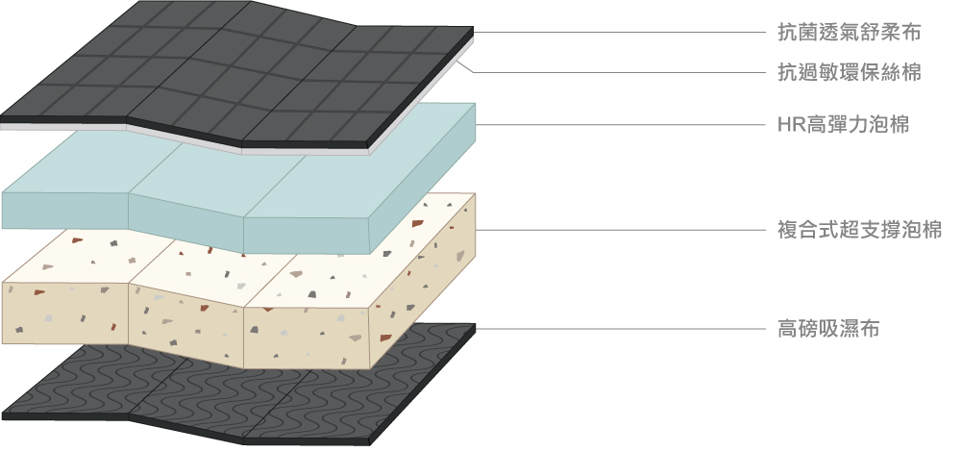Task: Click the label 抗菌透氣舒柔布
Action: (849, 32)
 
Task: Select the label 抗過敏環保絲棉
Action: (849, 72)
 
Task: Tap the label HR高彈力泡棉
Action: (844, 125)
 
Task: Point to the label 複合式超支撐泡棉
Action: (859, 231)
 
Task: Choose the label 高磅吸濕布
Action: (828, 329)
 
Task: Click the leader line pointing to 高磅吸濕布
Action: (620, 329)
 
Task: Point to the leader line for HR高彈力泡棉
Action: (620, 125)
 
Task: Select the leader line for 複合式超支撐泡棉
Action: (620, 231)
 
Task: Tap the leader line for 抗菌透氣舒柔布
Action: (620, 32)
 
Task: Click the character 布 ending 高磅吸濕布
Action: (870, 329)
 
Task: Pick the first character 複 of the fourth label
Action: (788, 231)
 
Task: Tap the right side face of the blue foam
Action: (423, 178)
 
